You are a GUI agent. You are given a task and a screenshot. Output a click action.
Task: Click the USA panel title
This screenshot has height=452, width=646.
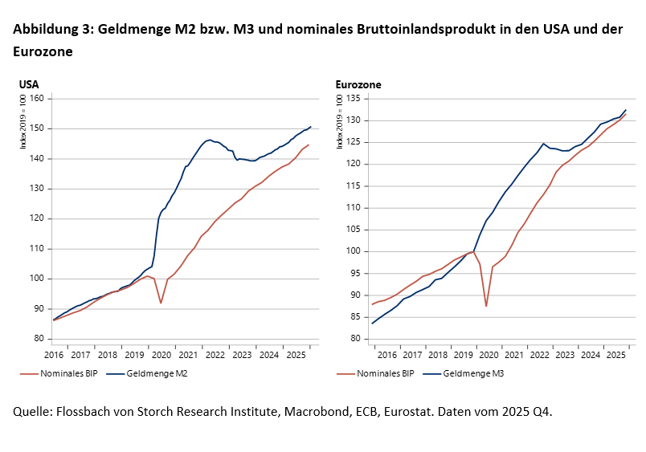pyautogui.click(x=29, y=83)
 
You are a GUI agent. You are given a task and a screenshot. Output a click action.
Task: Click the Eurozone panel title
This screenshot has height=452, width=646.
pyautogui.click(x=358, y=83)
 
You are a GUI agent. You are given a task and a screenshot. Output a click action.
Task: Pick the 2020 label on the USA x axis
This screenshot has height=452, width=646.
pyautogui.click(x=161, y=355)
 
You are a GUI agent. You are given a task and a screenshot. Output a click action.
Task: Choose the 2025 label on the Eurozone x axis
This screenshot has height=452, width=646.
pyautogui.click(x=615, y=355)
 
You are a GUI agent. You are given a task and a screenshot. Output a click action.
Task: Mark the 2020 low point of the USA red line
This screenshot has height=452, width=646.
pyautogui.click(x=161, y=303)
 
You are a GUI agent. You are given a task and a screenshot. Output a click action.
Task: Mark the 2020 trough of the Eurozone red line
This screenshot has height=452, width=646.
pyautogui.click(x=486, y=306)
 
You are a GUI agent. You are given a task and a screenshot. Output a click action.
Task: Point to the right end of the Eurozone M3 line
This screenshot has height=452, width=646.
pyautogui.click(x=626, y=110)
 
